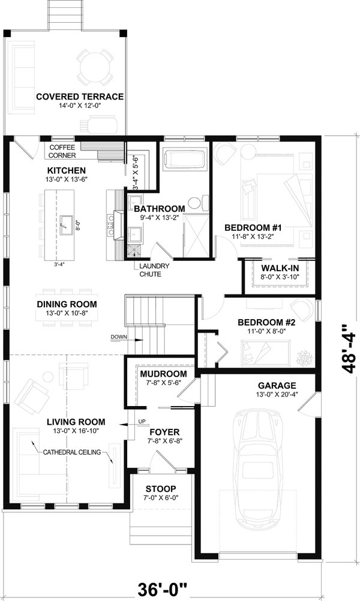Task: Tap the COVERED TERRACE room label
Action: tap(80, 97)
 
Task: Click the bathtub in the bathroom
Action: tap(185, 160)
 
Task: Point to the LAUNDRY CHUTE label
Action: tap(154, 270)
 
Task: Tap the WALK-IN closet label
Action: tap(277, 268)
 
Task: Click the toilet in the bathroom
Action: tap(195, 202)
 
